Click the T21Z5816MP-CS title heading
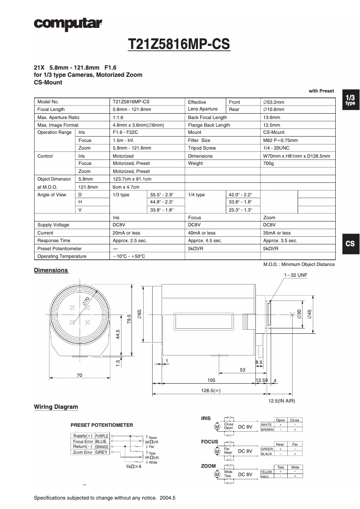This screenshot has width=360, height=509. point(179,44)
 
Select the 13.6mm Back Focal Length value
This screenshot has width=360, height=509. point(272,117)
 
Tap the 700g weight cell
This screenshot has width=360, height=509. point(269,164)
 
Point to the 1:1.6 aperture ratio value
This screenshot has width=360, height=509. point(119,117)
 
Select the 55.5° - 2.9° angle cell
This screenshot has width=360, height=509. point(162,195)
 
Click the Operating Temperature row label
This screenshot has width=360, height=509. point(61,256)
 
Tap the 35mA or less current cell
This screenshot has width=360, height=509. point(277,233)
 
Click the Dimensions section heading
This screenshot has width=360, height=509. point(51,270)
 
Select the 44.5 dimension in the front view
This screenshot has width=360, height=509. point(118,335)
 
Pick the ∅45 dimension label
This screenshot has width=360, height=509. point(309,314)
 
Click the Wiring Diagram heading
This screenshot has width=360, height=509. point(56,407)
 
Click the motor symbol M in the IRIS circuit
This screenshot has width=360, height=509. point(217,426)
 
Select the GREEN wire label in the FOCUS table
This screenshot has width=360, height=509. point(267,449)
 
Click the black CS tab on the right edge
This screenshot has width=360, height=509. point(350,243)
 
